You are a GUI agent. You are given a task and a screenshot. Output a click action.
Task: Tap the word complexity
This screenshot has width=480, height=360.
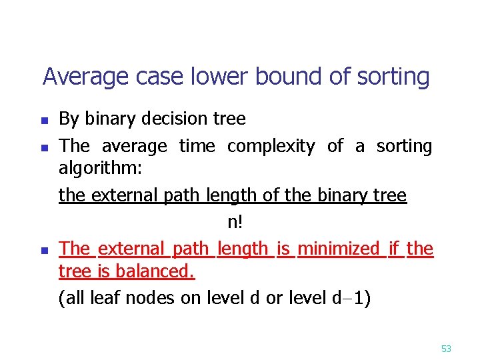coord(271,147)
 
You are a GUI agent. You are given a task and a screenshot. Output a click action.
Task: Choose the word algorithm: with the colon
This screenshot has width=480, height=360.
coord(100,168)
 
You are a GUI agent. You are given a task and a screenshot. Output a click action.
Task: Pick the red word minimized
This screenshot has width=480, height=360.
coord(338,249)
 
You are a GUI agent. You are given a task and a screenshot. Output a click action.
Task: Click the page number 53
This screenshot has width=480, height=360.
coord(446,348)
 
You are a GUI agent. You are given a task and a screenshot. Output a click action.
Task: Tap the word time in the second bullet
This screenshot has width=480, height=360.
coord(197,146)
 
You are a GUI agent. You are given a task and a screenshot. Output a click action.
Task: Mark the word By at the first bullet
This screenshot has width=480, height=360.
coord(68,120)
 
